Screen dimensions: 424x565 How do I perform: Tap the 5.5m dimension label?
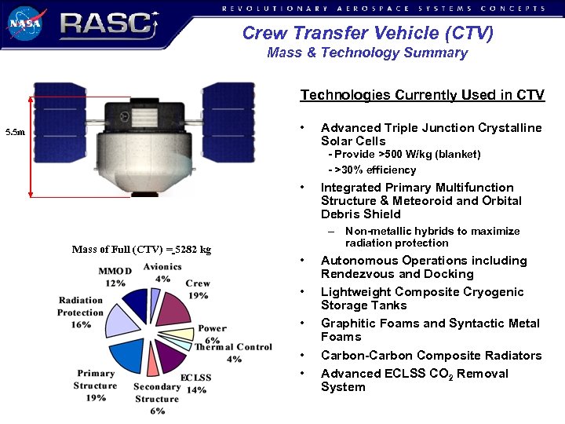(15, 133)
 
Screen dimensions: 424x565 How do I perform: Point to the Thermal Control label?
(234, 347)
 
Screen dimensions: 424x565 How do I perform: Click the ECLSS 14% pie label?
(195, 383)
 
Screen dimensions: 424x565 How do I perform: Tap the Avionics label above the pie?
(162, 267)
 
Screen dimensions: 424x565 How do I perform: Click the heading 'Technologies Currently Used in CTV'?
(421, 95)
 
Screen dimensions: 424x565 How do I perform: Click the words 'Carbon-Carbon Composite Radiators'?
(431, 356)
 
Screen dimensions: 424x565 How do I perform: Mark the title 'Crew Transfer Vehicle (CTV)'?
(367, 33)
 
